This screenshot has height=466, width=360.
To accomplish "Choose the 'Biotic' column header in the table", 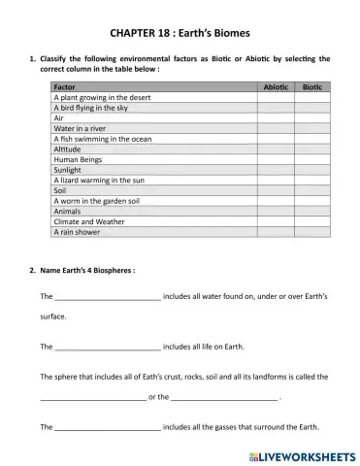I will pos(313,87).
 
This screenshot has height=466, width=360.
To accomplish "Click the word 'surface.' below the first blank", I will pos(54,316).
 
